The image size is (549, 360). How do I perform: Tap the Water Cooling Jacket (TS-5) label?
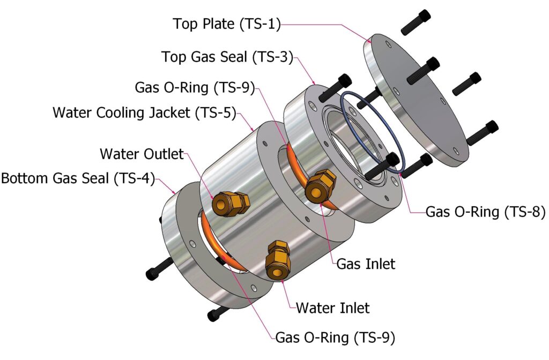144,114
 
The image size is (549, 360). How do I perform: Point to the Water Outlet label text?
142,154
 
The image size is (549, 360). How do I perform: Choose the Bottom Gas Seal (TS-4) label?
78,178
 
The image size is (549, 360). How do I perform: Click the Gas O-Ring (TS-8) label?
485,212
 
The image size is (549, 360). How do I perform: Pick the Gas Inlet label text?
366,264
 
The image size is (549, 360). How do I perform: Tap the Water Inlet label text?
332,308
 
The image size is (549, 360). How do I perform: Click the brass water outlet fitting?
229,202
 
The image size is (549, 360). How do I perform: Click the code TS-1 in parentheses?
261,24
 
